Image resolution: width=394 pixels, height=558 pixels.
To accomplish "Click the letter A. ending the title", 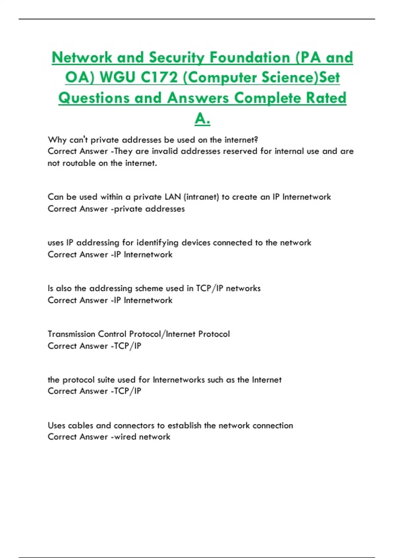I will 202,118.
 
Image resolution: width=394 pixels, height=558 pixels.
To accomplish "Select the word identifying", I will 157,243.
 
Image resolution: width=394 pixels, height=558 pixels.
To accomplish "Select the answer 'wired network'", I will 142,437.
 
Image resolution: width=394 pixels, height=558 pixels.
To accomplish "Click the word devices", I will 196,243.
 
